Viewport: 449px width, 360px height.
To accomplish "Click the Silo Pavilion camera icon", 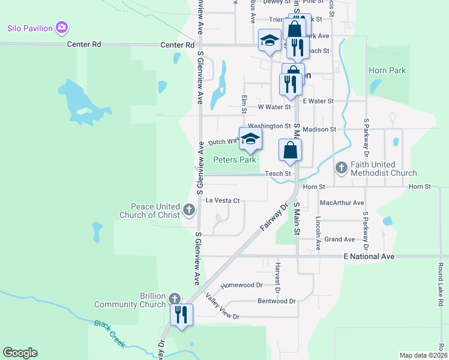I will pyautogui.click(x=61, y=28).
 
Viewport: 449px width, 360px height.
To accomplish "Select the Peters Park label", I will pyautogui.click(x=235, y=160).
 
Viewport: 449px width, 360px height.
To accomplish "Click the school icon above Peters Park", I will pyautogui.click(x=250, y=139).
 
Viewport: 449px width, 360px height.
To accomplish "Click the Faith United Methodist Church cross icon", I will pyautogui.click(x=341, y=167).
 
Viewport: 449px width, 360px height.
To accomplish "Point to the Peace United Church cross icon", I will pyautogui.click(x=189, y=209).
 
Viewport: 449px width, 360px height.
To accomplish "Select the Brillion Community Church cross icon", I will pyautogui.click(x=174, y=298).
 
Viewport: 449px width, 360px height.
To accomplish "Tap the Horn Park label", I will pyautogui.click(x=387, y=70).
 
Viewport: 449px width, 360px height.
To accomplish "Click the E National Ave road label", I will pyautogui.click(x=360, y=256).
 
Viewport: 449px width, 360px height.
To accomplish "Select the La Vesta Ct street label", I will pyautogui.click(x=222, y=200).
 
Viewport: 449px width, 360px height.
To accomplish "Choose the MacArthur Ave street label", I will pyautogui.click(x=342, y=203).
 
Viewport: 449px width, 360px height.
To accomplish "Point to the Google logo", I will pyautogui.click(x=20, y=353).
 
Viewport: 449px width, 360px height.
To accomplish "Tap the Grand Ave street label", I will pyautogui.click(x=339, y=239).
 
